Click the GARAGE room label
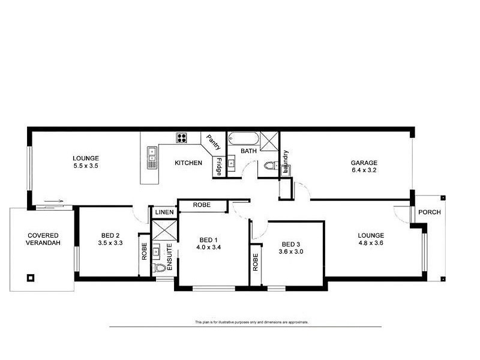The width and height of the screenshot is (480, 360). (364, 163)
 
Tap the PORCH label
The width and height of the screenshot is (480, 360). (429, 212)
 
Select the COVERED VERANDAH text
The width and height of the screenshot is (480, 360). (41, 239)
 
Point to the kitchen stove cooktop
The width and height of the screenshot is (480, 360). (182, 139)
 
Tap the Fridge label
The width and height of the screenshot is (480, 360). (220, 166)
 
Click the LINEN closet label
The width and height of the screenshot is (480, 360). (164, 212)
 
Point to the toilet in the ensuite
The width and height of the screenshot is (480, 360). (159, 268)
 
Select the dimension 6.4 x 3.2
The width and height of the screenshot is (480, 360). (364, 170)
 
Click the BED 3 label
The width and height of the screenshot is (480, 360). (290, 244)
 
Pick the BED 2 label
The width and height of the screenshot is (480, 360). (110, 235)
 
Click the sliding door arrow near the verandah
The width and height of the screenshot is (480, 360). (53, 202)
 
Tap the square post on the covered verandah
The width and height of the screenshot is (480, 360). (30, 278)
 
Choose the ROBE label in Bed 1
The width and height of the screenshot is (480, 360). (201, 205)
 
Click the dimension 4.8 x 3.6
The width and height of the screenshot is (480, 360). (371, 243)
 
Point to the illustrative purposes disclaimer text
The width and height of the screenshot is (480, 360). (251, 322)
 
